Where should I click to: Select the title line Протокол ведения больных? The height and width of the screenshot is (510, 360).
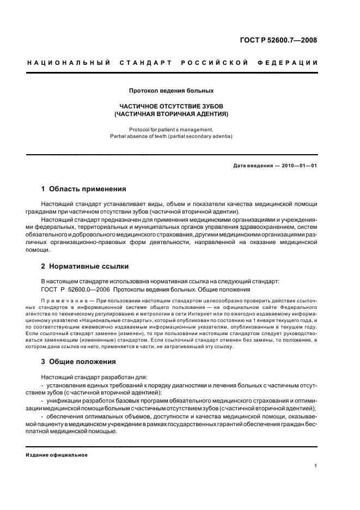pos(171,90)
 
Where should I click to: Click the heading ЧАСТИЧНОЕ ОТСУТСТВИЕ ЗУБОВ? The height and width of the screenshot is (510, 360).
pos(171,106)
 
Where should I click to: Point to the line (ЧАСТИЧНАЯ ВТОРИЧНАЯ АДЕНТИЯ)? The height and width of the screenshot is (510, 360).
pos(171,114)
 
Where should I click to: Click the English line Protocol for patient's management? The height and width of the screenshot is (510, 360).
pos(171,130)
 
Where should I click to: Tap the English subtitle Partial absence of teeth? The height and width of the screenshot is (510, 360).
pos(171,136)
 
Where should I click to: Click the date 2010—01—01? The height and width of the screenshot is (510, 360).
pos(299,165)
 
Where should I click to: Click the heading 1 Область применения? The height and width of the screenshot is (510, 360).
pos(83,189)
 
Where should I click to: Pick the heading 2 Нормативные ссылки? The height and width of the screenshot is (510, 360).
pos(85,266)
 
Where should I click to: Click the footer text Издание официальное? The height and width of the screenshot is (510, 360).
pos(56,455)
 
